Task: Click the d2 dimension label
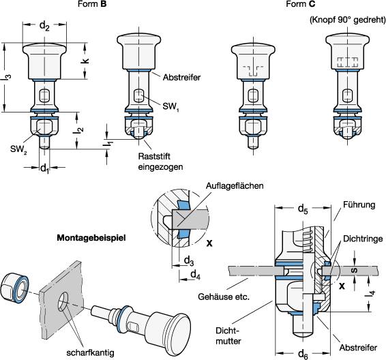click(x=44, y=26)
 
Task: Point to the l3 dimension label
click(x=8, y=77)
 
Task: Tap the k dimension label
click(x=85, y=61)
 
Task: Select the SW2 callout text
click(x=18, y=149)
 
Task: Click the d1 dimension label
click(x=44, y=169)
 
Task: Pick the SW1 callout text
click(x=170, y=106)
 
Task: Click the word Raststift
click(x=154, y=156)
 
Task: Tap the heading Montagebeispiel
click(x=91, y=238)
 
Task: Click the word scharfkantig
click(x=90, y=352)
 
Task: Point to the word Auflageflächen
click(x=235, y=185)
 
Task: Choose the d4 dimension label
click(x=196, y=275)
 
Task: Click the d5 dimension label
click(x=303, y=209)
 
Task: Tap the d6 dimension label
click(x=303, y=355)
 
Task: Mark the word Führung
click(x=359, y=205)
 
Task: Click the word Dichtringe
click(x=363, y=239)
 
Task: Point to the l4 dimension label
click(x=372, y=293)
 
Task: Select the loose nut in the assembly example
click(x=15, y=285)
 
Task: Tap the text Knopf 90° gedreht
click(x=347, y=20)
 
